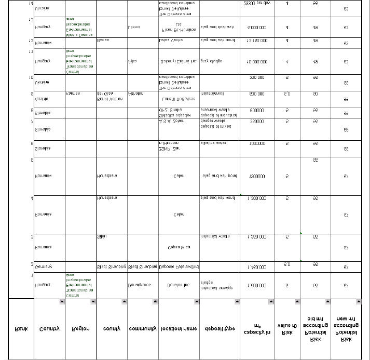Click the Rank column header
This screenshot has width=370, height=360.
coord(21,328)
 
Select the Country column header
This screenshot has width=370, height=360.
coord(49,328)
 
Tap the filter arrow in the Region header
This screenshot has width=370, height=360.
coord(92,302)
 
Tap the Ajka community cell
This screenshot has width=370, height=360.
coord(132,61)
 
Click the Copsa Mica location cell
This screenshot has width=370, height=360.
coord(179,247)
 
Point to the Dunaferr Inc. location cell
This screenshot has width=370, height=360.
coord(179,285)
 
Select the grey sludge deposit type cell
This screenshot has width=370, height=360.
coord(211,61)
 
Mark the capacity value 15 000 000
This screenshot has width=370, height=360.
coord(257,61)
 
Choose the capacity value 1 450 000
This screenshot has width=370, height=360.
coord(257,267)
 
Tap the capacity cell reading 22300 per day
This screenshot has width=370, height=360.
coord(257,3)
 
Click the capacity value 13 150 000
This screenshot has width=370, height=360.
coord(257,40)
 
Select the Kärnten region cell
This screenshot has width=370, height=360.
coord(73,94)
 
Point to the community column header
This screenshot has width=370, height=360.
coord(143,328)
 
